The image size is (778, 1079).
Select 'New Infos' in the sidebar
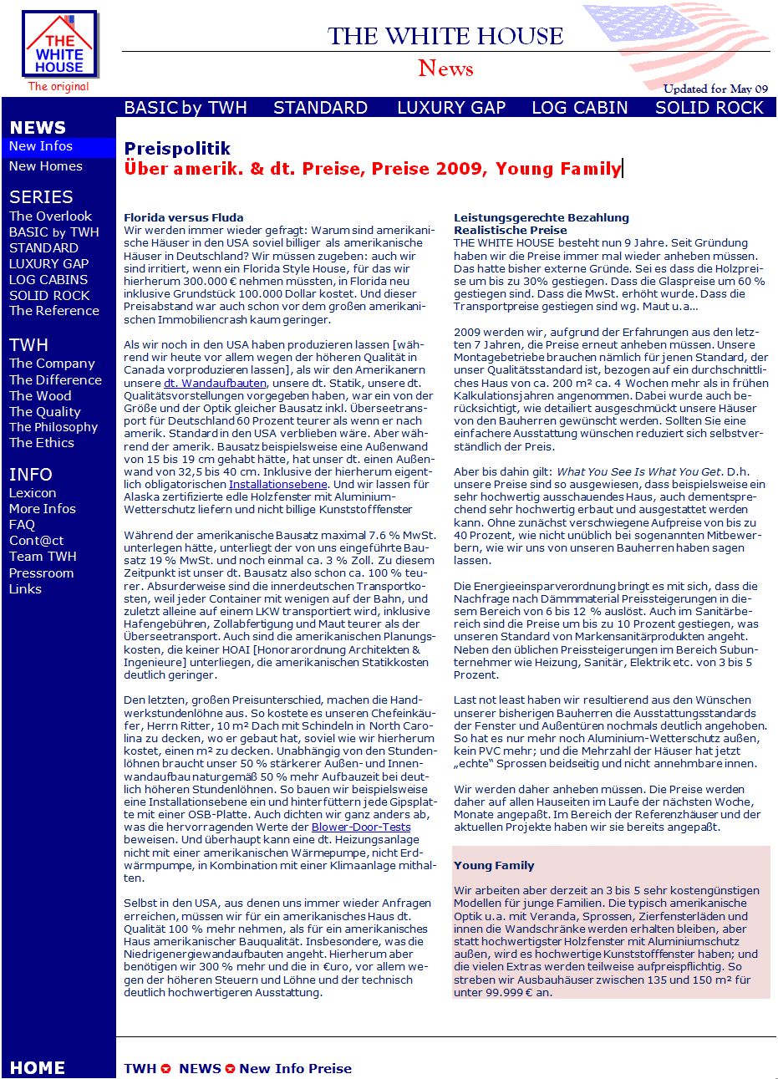tap(41, 146)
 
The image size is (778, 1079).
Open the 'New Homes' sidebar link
tap(46, 166)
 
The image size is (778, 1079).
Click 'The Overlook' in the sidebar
tap(50, 216)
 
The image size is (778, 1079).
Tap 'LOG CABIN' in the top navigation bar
tap(580, 108)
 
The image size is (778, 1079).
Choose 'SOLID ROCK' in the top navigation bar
tap(709, 108)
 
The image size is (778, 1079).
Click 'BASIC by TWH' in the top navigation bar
tap(186, 108)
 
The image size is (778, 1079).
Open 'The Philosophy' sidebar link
tap(53, 427)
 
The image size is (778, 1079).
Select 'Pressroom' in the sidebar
tap(41, 573)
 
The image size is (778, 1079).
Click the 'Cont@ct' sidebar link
tap(36, 541)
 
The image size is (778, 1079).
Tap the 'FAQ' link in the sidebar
tap(22, 525)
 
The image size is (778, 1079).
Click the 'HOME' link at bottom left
tap(38, 1068)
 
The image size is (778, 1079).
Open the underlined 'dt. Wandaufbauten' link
tap(215, 383)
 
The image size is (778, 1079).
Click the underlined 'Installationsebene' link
tap(278, 484)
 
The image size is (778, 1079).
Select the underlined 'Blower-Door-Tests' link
tap(361, 827)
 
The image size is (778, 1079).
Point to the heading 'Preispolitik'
tap(177, 149)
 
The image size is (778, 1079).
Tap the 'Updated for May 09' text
tap(715, 89)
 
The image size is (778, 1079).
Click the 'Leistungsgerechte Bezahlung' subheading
tap(541, 217)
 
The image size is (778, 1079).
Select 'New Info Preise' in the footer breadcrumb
tap(295, 1068)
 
